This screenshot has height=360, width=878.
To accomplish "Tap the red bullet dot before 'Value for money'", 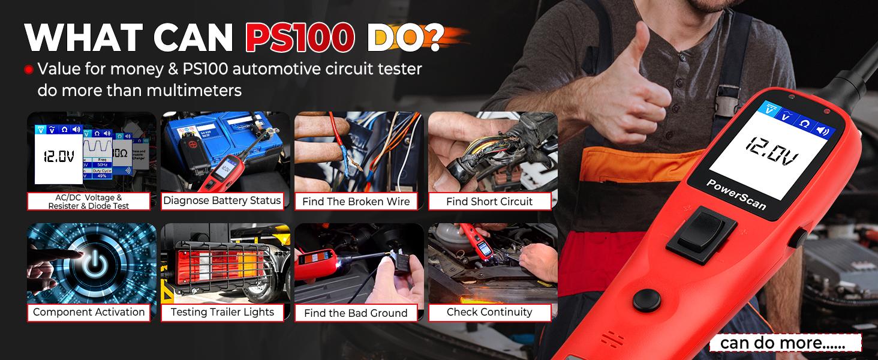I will (28, 70).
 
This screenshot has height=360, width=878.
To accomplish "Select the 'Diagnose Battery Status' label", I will (222, 201).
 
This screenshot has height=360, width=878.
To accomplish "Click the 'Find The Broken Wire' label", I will (356, 202).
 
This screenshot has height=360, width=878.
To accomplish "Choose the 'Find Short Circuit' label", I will (489, 202).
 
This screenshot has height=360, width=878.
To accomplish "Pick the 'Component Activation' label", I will (89, 312).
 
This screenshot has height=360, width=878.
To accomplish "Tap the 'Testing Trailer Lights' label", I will (222, 312).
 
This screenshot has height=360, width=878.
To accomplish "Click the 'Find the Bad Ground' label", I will (356, 313).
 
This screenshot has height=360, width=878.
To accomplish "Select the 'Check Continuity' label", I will (489, 312).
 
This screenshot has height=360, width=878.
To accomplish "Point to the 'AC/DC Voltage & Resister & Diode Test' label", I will (89, 202).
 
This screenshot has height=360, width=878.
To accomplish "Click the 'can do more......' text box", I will (784, 343).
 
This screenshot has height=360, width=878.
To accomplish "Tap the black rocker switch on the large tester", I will (701, 234).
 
